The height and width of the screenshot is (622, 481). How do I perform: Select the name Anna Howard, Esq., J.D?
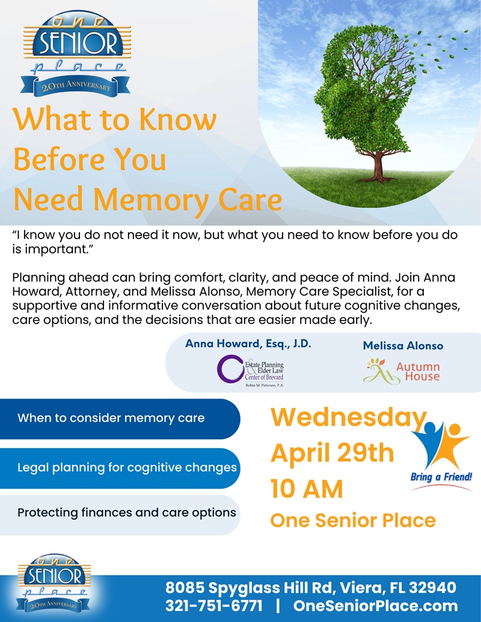coord(248,344)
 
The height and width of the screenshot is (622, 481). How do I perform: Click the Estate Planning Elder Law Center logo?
coord(251,370)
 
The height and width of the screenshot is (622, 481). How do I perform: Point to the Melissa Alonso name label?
coord(403,346)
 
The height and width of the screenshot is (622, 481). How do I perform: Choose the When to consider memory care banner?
coord(111,418)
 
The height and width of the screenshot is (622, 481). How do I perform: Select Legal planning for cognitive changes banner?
coord(127,467)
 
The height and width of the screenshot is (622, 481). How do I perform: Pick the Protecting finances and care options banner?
coord(126,513)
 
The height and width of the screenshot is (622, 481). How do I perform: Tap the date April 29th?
coord(332,453)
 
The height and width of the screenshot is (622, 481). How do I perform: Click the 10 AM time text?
coord(307,488)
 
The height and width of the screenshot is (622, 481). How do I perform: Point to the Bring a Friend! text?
coord(441,477)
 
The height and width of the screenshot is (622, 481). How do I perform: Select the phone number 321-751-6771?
coord(214,606)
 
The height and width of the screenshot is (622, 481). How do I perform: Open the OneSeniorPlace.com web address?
coord(375,606)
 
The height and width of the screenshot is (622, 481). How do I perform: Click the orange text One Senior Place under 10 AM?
coord(353,520)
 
